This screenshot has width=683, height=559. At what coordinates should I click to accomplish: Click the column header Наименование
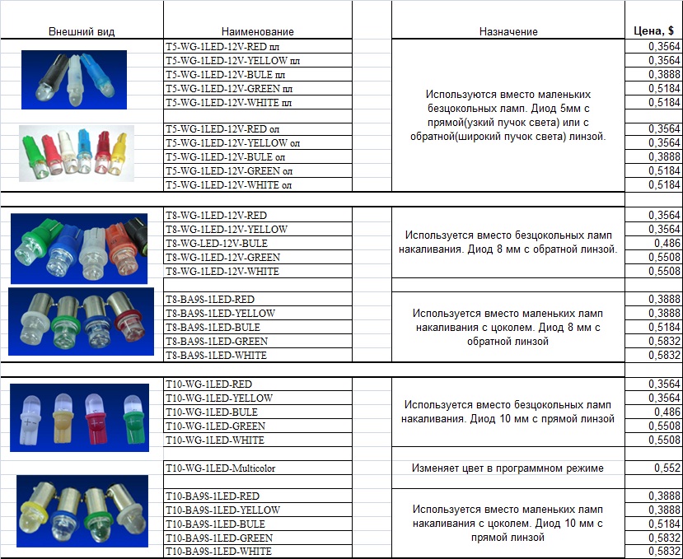point(258,31)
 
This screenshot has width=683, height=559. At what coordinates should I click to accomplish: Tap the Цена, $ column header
point(653,30)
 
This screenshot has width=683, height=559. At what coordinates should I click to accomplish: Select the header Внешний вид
point(82,31)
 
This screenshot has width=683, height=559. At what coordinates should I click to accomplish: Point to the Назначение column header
point(508,31)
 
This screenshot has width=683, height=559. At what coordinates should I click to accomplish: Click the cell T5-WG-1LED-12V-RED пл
point(233,47)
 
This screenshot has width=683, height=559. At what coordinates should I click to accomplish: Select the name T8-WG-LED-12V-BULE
point(217,244)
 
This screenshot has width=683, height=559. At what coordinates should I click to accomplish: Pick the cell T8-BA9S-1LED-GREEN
point(217,341)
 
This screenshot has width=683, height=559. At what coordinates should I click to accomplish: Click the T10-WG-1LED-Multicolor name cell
point(221,468)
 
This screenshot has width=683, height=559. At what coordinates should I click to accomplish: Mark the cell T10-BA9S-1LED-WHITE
point(219,551)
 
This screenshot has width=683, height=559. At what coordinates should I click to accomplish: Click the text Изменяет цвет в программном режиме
point(508,468)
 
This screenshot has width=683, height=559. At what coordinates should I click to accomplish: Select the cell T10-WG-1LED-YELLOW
point(219,398)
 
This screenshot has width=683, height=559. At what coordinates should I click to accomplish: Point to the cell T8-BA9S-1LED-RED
point(210,299)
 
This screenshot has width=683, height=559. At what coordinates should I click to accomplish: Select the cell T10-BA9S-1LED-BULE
point(215,524)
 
